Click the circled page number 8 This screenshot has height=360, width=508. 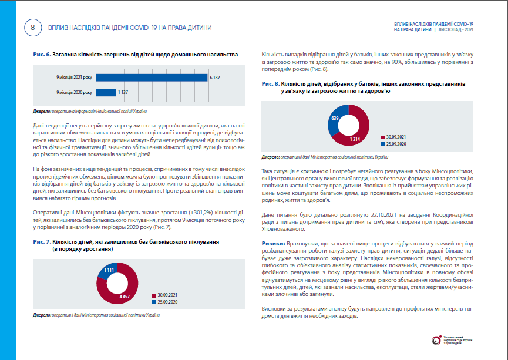coord(33,28)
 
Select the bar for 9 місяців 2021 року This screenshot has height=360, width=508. coord(152,78)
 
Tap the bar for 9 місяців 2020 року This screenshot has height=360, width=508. coord(106,93)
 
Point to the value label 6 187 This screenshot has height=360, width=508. coord(215,78)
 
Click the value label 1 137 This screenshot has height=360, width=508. coord(123,93)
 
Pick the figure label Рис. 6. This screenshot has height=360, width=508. coord(42,55)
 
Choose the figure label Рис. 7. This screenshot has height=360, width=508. coord(42,242)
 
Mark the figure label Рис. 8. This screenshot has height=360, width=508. coord(271,84)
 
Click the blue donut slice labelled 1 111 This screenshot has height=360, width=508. coord(107,270)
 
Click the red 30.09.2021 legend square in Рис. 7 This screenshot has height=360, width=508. coord(154,295)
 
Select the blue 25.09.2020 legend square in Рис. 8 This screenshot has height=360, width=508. coord(383,144)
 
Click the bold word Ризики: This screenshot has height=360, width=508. coord(273,243)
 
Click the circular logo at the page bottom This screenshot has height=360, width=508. coord(436,340)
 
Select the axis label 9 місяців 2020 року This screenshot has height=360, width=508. coord(74,93)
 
